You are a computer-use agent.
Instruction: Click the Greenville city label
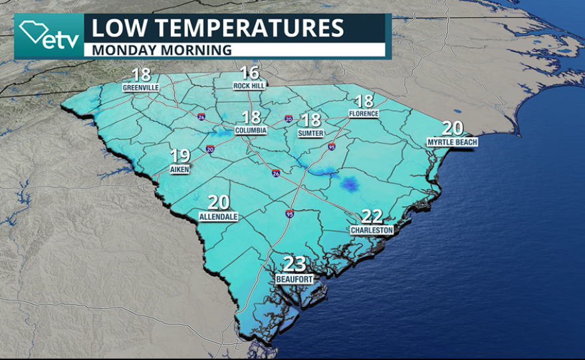coord(140,87)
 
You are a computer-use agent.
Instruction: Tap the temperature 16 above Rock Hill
coord(249,73)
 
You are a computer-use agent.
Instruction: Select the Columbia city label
coord(251,130)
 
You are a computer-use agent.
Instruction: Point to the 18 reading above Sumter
coord(311,120)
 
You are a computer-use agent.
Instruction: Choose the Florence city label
coord(364,114)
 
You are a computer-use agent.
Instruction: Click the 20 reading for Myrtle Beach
coord(453,129)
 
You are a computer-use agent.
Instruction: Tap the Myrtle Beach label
coord(453,141)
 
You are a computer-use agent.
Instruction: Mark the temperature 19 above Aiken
coord(180,157)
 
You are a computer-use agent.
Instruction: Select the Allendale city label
coord(219,217)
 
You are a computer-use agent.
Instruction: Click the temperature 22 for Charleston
coord(372,217)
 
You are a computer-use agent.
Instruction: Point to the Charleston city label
coord(372,230)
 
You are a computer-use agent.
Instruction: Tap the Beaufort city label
coord(294,280)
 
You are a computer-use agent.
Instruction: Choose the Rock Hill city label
coord(249,86)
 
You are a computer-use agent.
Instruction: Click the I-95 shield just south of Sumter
coord(331,147)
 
